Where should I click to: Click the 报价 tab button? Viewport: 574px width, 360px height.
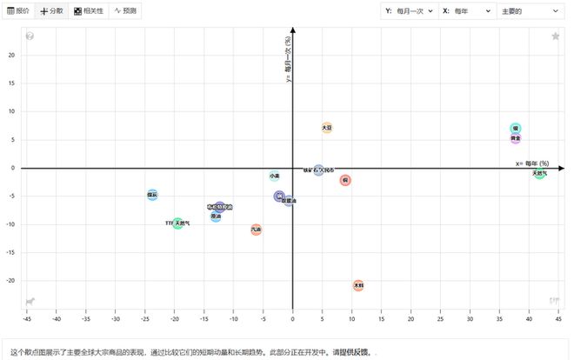click(x=17, y=10)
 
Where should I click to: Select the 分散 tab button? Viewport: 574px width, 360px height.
click(x=51, y=10)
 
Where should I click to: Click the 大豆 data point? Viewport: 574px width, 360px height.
click(x=327, y=128)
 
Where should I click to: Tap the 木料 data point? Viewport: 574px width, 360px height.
click(x=358, y=285)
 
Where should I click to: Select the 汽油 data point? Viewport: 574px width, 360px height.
click(x=256, y=230)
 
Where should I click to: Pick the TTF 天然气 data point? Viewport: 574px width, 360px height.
click(x=178, y=223)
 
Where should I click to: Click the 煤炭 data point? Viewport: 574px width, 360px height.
click(x=152, y=195)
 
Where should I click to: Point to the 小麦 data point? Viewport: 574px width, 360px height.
click(x=275, y=176)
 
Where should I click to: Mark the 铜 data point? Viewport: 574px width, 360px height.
click(x=345, y=180)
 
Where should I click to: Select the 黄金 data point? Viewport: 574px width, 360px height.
click(x=516, y=138)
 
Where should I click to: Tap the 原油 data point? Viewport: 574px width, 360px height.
click(x=216, y=216)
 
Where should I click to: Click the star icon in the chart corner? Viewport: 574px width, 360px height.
click(x=555, y=36)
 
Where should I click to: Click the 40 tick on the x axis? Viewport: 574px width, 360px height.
click(x=529, y=318)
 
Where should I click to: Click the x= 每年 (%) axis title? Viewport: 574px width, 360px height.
click(x=531, y=163)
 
